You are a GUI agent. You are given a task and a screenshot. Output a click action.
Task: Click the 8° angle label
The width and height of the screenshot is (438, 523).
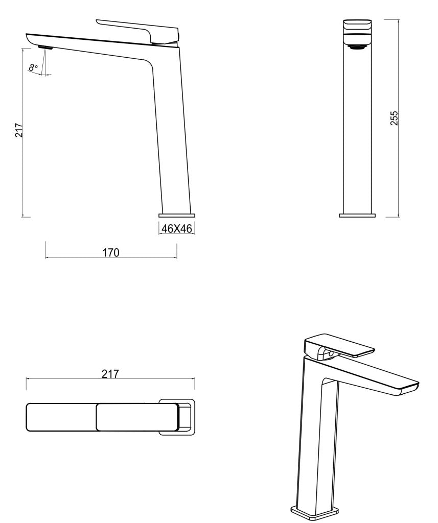click(34, 67)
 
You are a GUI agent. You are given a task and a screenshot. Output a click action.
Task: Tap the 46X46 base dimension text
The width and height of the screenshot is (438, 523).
click(176, 229)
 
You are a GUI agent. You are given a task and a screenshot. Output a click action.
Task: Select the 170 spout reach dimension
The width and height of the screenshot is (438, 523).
click(111, 252)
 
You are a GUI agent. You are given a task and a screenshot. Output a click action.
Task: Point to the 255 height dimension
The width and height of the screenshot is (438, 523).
click(394, 118)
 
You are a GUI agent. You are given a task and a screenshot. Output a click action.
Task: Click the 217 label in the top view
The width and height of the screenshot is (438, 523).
click(110, 374)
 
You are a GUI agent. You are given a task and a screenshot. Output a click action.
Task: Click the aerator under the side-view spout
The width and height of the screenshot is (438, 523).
click(45, 47)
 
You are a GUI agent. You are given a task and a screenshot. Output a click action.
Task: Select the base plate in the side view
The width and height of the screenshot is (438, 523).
click(176, 215)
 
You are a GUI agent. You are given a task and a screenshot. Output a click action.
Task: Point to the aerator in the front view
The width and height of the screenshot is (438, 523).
click(357, 48)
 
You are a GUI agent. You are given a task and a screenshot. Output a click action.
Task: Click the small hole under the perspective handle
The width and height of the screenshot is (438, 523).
click(331, 353)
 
